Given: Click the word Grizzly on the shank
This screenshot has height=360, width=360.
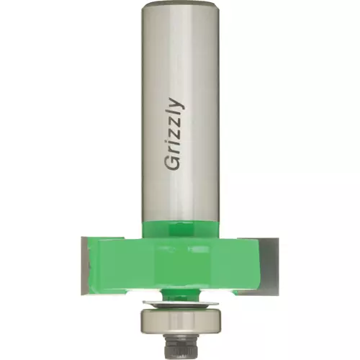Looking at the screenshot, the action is tap(174, 135).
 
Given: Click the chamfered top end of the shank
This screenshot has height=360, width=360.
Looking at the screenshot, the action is tap(180, 5).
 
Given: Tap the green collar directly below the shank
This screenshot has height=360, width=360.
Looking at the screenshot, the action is tap(180, 230).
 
